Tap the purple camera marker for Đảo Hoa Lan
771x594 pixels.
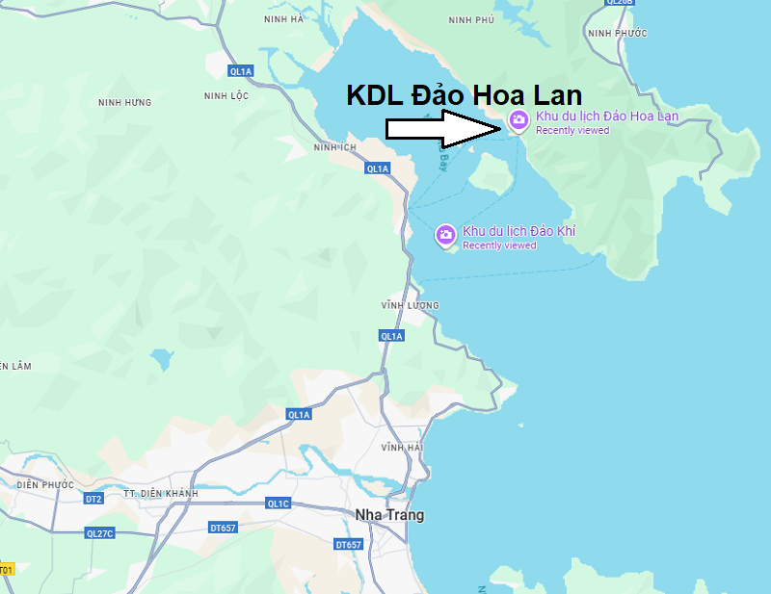click(518, 120)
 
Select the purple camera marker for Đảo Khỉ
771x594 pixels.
click(445, 235)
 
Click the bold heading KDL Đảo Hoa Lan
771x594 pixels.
click(464, 95)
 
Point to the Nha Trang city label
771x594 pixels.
click(389, 515)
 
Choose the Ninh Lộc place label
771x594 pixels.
click(227, 95)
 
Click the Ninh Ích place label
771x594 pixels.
click(334, 147)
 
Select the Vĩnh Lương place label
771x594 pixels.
click(410, 305)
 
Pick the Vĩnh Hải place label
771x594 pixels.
click(402, 448)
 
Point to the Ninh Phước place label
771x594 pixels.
click(617, 34)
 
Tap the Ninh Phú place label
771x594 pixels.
click(470, 19)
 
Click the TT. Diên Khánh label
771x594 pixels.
click(161, 493)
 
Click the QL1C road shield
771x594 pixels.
click(278, 504)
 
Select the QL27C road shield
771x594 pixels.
click(99, 533)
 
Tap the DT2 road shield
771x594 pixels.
click(93, 499)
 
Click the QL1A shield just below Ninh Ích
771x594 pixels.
click(377, 168)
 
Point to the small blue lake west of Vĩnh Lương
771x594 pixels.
click(162, 360)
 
